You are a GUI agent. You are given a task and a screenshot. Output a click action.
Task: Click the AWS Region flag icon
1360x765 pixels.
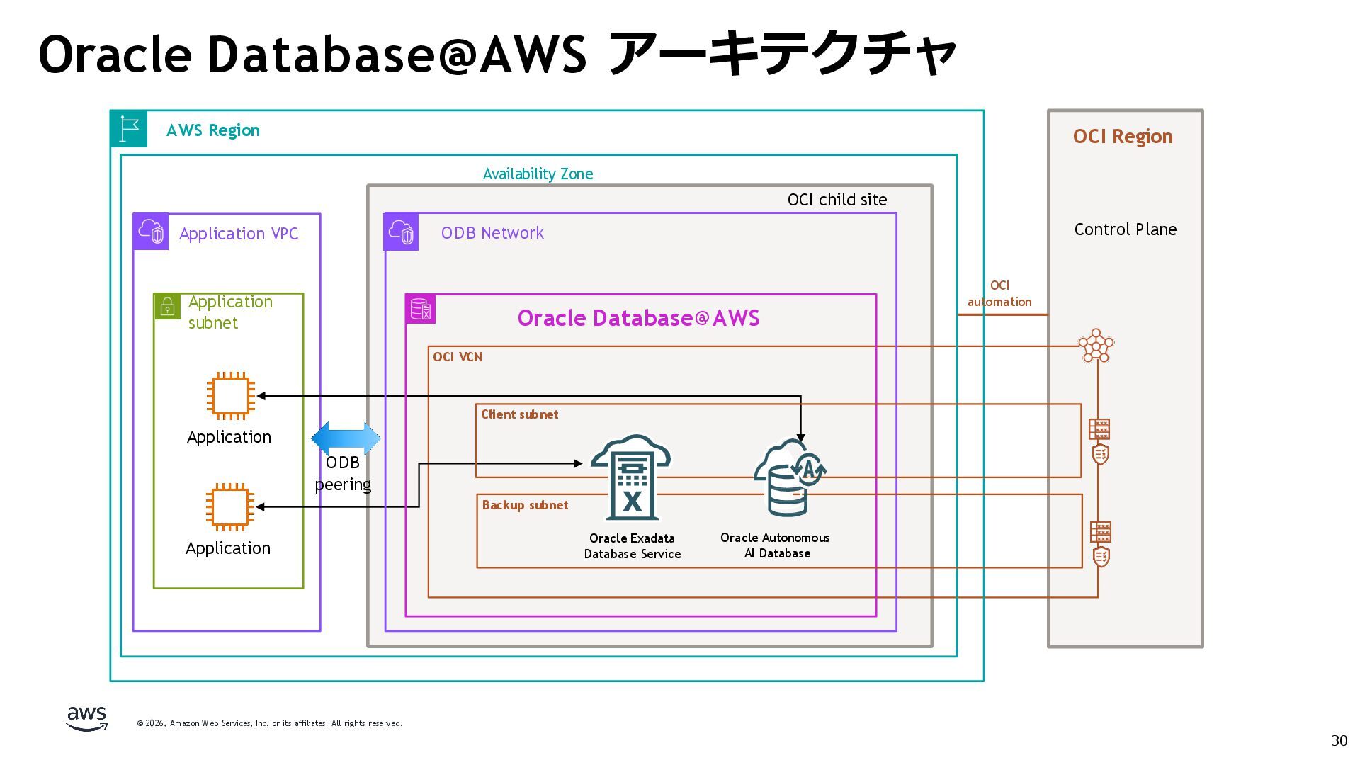[x=129, y=129]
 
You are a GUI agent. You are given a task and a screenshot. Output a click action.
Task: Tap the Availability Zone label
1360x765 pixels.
[x=538, y=174]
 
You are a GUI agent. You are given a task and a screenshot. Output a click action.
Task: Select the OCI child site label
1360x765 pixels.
[x=837, y=200]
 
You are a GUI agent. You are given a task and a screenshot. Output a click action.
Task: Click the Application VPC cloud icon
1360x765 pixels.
[x=151, y=232]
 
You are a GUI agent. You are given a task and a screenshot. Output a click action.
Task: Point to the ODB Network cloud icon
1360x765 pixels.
[x=401, y=232]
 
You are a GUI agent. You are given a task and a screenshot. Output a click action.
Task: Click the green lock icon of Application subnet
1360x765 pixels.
[x=167, y=306]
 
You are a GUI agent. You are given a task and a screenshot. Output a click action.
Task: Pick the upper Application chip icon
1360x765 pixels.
[x=230, y=395]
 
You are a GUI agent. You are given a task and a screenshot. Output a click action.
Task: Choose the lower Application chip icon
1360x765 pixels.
[x=229, y=506]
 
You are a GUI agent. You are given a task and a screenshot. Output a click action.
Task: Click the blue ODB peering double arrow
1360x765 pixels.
[x=346, y=439]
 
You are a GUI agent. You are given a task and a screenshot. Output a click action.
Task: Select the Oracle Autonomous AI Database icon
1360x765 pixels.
[x=789, y=477]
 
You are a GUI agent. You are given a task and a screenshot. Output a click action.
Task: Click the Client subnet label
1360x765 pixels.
[x=519, y=414]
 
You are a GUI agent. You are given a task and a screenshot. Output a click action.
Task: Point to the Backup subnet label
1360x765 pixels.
[x=525, y=505]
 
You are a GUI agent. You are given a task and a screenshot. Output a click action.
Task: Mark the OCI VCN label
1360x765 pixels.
[x=458, y=357]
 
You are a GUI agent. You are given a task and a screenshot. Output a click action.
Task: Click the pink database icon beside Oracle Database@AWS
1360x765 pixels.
[x=421, y=309]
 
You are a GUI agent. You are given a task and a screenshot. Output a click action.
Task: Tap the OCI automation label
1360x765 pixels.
[x=999, y=293]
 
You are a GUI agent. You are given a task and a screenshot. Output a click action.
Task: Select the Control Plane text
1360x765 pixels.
[x=1125, y=229]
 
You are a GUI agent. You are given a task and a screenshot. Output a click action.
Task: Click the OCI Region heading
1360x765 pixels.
[x=1123, y=136]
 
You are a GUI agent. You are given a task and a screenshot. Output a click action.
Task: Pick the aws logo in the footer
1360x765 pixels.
[x=86, y=718]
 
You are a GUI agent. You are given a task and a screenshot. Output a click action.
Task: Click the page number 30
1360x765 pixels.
[x=1338, y=740]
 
